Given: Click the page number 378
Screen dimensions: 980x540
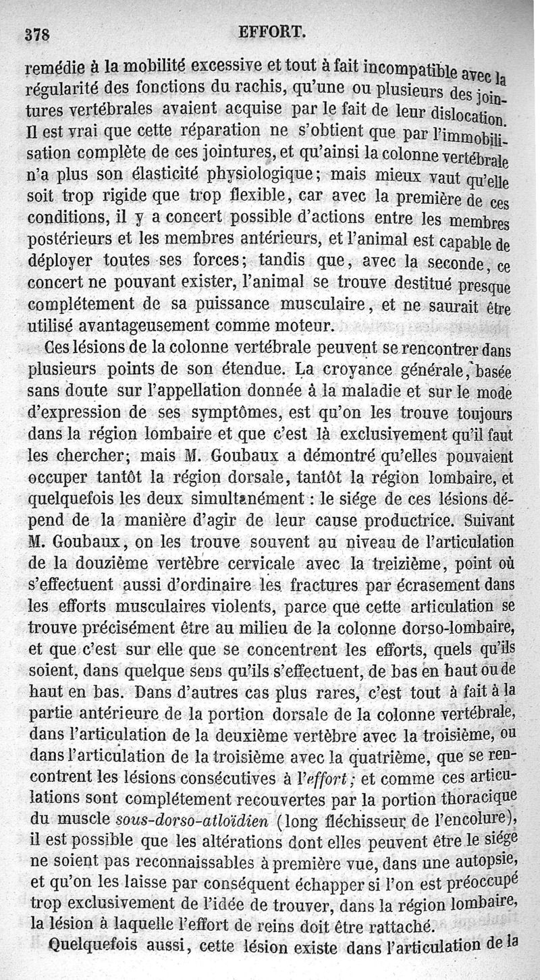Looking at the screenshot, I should pos(38,34).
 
